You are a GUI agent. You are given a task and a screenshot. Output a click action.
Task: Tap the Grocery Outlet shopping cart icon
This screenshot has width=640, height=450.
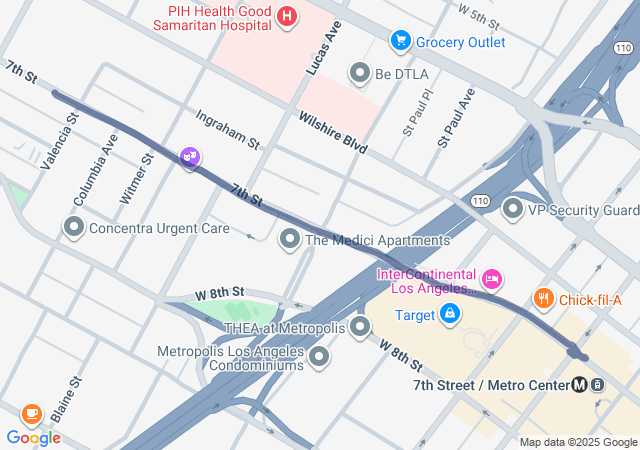(401, 41)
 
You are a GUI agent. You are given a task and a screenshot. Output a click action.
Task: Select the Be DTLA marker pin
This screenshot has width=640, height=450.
(360, 73)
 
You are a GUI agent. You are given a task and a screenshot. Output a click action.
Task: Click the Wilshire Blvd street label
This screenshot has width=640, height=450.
(333, 132)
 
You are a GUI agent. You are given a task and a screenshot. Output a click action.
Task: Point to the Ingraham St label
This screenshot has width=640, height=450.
(227, 130)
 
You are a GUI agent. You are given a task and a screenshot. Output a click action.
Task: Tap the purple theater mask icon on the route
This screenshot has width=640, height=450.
(190, 157)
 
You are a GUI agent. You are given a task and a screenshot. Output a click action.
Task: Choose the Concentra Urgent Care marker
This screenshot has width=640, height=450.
(74, 228)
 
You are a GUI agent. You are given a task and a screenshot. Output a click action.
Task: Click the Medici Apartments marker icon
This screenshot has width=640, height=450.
(290, 239)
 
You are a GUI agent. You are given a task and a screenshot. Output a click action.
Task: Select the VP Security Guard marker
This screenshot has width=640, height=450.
(513, 210)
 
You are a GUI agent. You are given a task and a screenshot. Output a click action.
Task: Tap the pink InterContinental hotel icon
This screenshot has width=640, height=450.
(491, 276)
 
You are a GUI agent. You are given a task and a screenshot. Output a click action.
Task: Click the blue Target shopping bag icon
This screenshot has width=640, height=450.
(451, 315)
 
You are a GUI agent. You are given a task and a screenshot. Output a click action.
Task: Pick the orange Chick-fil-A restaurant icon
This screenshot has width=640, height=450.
(543, 297)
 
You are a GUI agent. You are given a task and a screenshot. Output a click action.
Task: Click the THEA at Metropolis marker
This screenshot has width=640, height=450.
(360, 326)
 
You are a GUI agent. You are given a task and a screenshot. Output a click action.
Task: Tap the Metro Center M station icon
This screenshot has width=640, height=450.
(580, 384)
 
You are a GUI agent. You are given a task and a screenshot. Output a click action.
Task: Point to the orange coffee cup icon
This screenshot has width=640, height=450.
(31, 413)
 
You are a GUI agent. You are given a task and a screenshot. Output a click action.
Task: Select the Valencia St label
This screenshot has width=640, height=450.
(59, 141)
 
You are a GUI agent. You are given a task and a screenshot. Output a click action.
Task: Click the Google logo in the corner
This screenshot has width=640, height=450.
(33, 438)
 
